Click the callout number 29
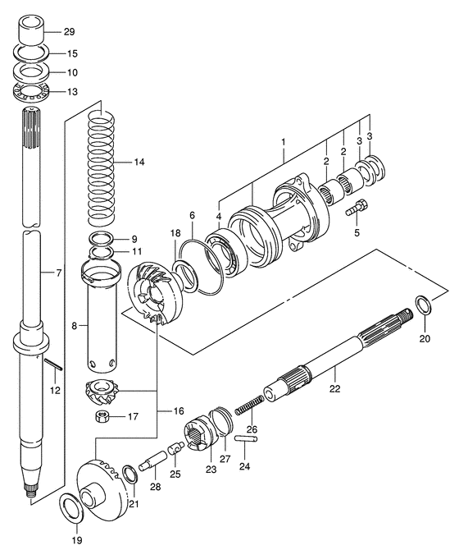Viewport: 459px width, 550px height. [70, 32]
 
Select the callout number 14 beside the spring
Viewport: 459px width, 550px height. [139, 162]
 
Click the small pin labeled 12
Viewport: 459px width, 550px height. [53, 364]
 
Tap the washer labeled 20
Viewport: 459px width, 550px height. [423, 305]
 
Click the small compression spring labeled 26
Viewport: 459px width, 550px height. [249, 405]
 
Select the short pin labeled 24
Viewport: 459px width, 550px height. [246, 438]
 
